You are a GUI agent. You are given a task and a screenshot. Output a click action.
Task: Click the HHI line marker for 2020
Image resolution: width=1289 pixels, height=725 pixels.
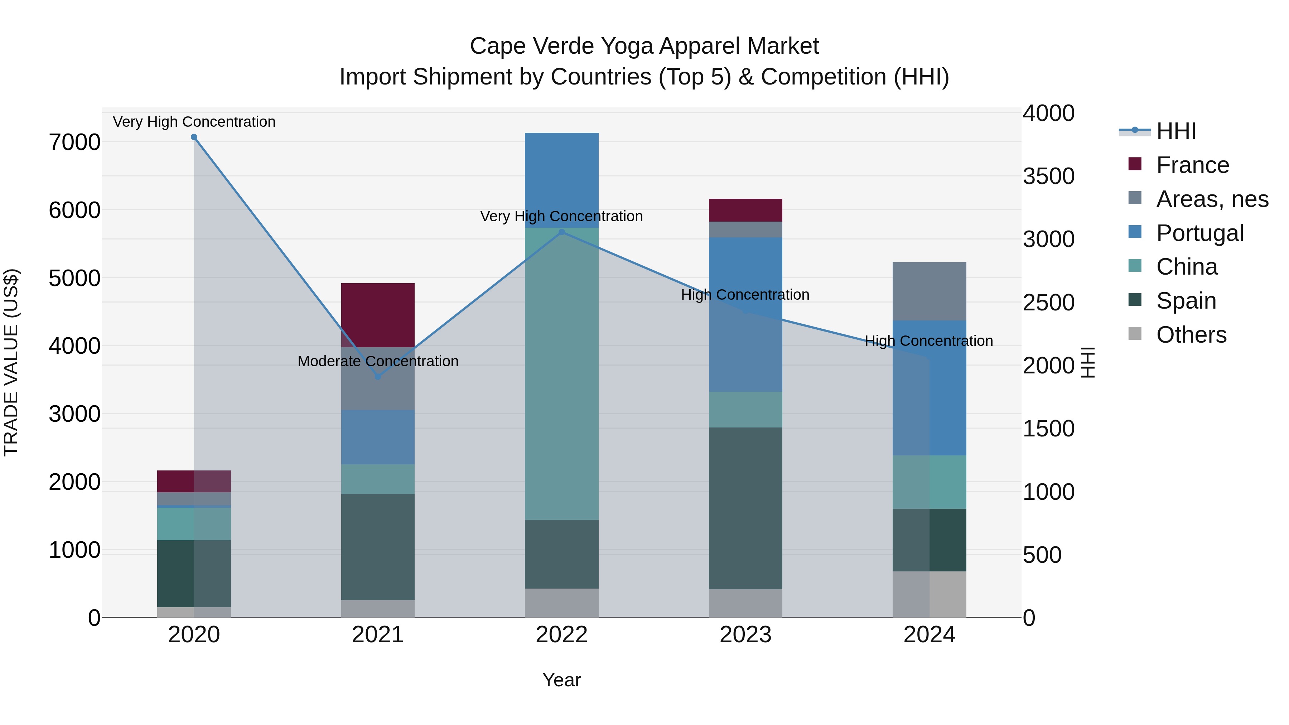point(194,137)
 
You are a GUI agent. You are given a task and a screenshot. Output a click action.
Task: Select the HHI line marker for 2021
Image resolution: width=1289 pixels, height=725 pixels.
point(378,376)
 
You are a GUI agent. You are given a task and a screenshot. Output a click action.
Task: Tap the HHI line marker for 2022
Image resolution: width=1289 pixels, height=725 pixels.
point(561,232)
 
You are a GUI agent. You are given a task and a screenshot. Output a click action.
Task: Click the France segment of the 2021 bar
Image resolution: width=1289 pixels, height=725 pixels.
point(378,315)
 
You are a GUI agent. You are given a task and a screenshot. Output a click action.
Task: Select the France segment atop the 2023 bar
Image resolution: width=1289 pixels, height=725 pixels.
point(745,210)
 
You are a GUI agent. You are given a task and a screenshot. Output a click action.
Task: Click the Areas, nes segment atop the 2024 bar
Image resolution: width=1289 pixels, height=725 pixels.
point(929,291)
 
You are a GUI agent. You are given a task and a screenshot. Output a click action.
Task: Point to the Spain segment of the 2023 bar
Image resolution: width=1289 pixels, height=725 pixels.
point(745,508)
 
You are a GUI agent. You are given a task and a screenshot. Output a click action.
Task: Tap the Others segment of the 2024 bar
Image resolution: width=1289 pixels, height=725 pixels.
point(929,594)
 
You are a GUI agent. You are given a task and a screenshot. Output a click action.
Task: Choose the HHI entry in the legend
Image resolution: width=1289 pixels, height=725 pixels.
point(1176,131)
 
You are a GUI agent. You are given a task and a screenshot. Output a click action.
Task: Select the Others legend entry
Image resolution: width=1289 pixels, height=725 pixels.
point(1191,335)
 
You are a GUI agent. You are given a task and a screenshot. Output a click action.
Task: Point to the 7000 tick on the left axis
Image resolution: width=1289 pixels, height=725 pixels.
point(74,142)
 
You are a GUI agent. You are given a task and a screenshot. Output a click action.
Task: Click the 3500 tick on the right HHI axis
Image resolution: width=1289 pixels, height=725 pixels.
point(1048,176)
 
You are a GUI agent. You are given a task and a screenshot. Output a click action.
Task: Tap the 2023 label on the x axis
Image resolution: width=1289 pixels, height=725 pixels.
point(745,635)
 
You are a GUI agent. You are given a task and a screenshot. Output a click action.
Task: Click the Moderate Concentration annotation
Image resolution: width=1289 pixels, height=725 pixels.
point(378,361)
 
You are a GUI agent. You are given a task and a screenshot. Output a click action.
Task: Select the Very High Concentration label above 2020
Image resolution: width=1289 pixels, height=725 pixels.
point(194,122)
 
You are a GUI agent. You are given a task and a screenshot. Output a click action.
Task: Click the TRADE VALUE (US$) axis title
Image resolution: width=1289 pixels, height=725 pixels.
point(11,362)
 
